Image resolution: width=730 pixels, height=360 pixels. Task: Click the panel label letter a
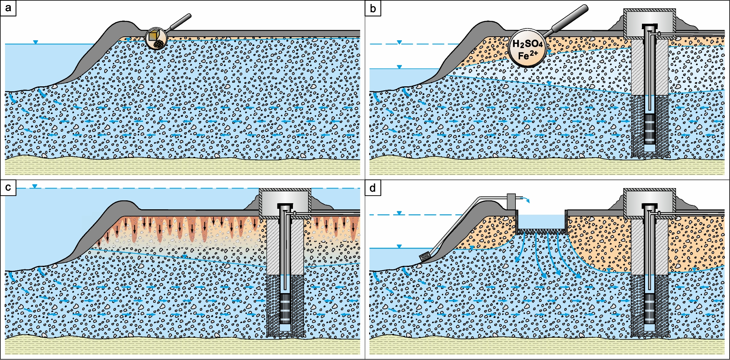point(8,8)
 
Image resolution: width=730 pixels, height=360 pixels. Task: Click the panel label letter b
point(373,8)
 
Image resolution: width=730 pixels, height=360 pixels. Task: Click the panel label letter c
point(8,187)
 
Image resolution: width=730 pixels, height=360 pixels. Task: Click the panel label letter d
point(373,187)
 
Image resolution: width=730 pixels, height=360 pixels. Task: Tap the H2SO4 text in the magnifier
point(527,44)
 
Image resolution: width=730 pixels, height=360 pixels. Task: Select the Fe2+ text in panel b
point(528,55)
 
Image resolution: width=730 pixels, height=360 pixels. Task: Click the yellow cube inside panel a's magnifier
point(153,36)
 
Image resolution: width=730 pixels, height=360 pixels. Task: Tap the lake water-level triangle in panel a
point(35,42)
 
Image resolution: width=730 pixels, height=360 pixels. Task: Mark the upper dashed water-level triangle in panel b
point(399,42)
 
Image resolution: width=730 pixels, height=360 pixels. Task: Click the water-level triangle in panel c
point(35,186)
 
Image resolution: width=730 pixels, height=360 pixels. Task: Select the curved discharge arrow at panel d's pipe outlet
point(526,199)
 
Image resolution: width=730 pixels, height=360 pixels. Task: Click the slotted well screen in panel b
point(650,128)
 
